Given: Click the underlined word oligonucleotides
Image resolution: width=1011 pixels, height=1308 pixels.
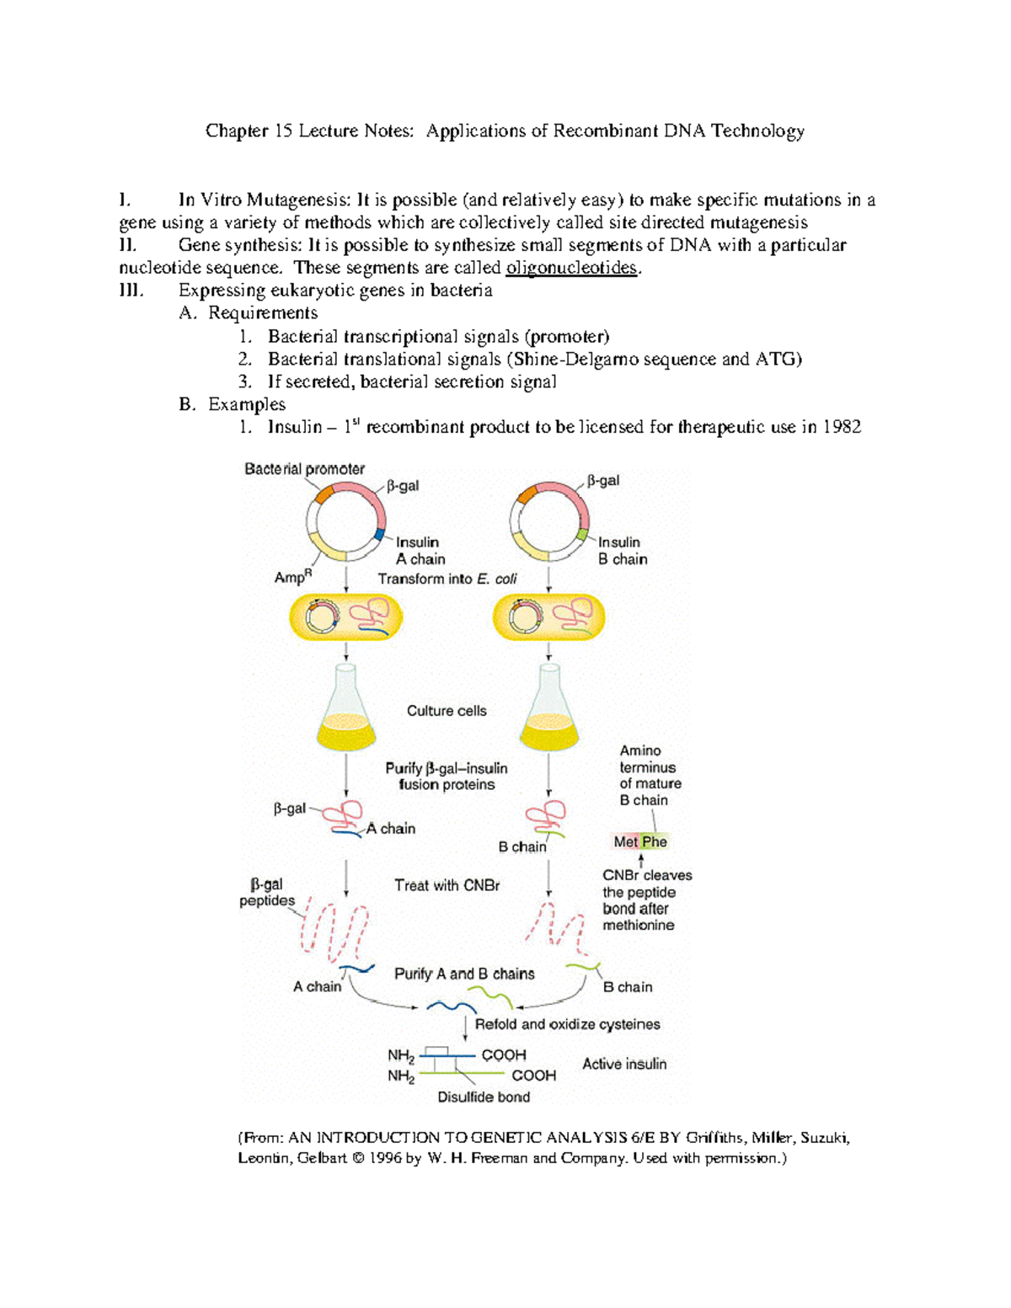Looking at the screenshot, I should tap(571, 268).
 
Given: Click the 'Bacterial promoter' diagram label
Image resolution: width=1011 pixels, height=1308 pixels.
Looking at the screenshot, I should tap(304, 469).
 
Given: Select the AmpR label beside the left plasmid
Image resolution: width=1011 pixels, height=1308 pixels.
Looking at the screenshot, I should tap(292, 577).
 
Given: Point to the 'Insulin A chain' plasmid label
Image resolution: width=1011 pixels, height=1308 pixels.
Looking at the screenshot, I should tap(420, 551).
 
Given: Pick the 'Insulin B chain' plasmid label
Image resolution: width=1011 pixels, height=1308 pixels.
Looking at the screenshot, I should tap(622, 551).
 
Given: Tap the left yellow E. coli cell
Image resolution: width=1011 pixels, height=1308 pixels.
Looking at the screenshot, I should tap(345, 617).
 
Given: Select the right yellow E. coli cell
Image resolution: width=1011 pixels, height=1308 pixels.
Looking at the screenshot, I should tap(548, 617).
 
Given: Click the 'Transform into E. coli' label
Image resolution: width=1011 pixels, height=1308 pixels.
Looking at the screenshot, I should tap(447, 579).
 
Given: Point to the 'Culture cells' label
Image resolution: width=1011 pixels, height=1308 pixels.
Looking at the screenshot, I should tap(447, 711).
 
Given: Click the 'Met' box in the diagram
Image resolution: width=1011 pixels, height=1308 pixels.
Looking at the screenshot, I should tap(625, 841).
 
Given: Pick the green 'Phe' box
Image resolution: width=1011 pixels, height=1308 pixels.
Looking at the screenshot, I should tap(655, 841).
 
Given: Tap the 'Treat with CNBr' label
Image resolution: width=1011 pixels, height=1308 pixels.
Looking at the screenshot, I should tap(447, 885).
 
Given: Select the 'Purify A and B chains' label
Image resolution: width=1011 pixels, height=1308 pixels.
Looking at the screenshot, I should tap(464, 974).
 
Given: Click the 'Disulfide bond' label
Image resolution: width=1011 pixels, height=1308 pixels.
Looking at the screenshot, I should tap(484, 1097).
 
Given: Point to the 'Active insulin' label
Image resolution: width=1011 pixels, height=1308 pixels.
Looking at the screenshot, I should tap(624, 1064).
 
